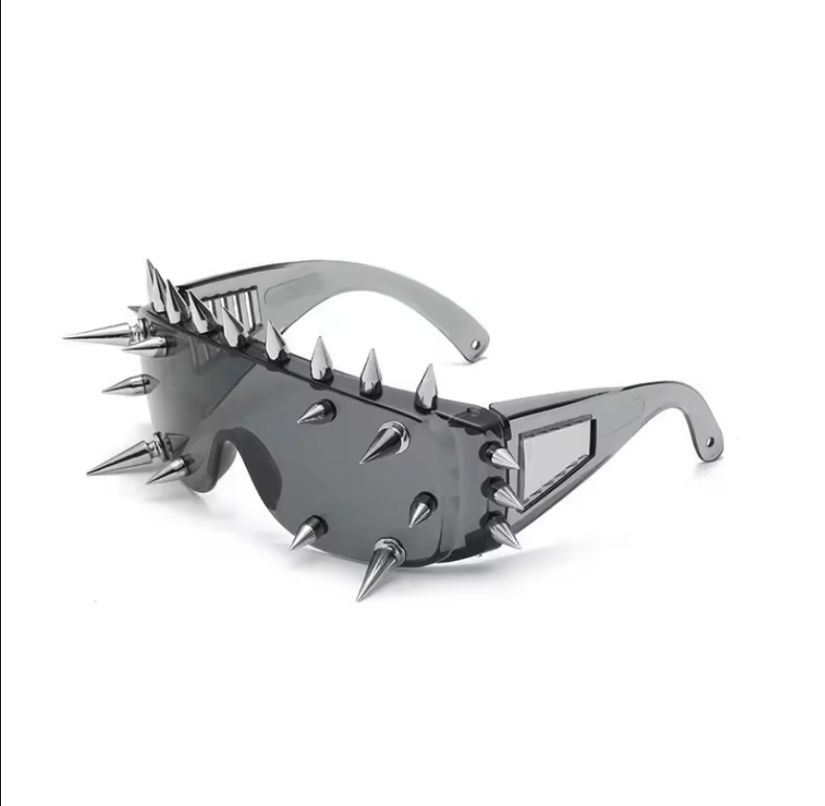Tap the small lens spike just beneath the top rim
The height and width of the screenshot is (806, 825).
tap(316, 412)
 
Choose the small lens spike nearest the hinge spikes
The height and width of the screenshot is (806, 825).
tap(420, 508)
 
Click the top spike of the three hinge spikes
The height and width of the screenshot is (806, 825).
tap(502, 457)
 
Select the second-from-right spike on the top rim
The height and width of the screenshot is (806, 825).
tap(370, 371)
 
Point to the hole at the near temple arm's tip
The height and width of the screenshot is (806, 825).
tap(709, 442)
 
